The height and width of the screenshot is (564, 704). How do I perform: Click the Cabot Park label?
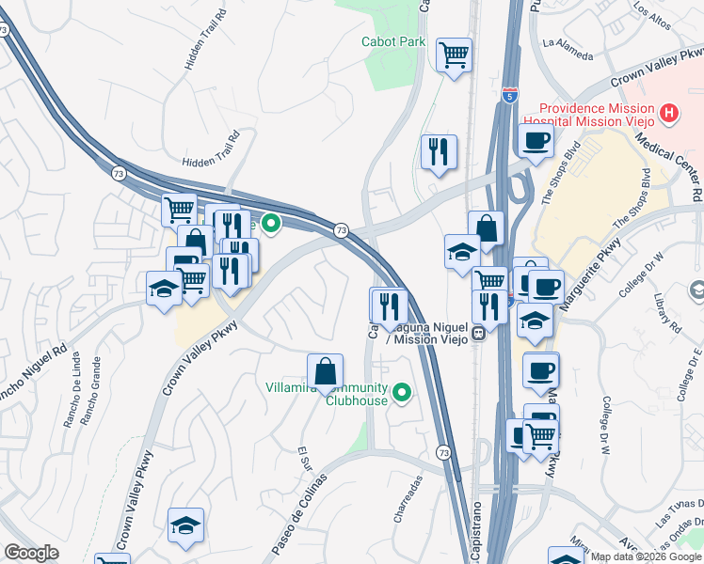pos(393,41)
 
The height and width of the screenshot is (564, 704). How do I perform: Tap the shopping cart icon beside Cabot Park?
pos(454,56)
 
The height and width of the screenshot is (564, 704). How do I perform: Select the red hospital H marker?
pos(669,114)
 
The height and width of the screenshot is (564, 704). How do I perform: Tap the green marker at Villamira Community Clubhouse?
pos(402,393)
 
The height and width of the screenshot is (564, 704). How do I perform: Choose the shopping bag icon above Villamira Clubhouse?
pos(325,371)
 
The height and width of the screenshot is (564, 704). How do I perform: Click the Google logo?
pos(32,553)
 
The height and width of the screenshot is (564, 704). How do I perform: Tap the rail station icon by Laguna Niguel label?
pos(478,331)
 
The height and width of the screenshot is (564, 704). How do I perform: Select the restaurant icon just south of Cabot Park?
pos(439,152)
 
